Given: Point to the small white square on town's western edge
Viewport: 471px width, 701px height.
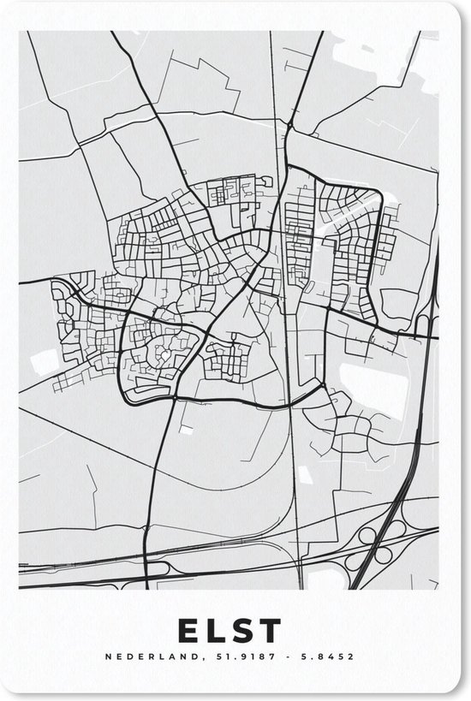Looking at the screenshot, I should pyautogui.click(x=44, y=362).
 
